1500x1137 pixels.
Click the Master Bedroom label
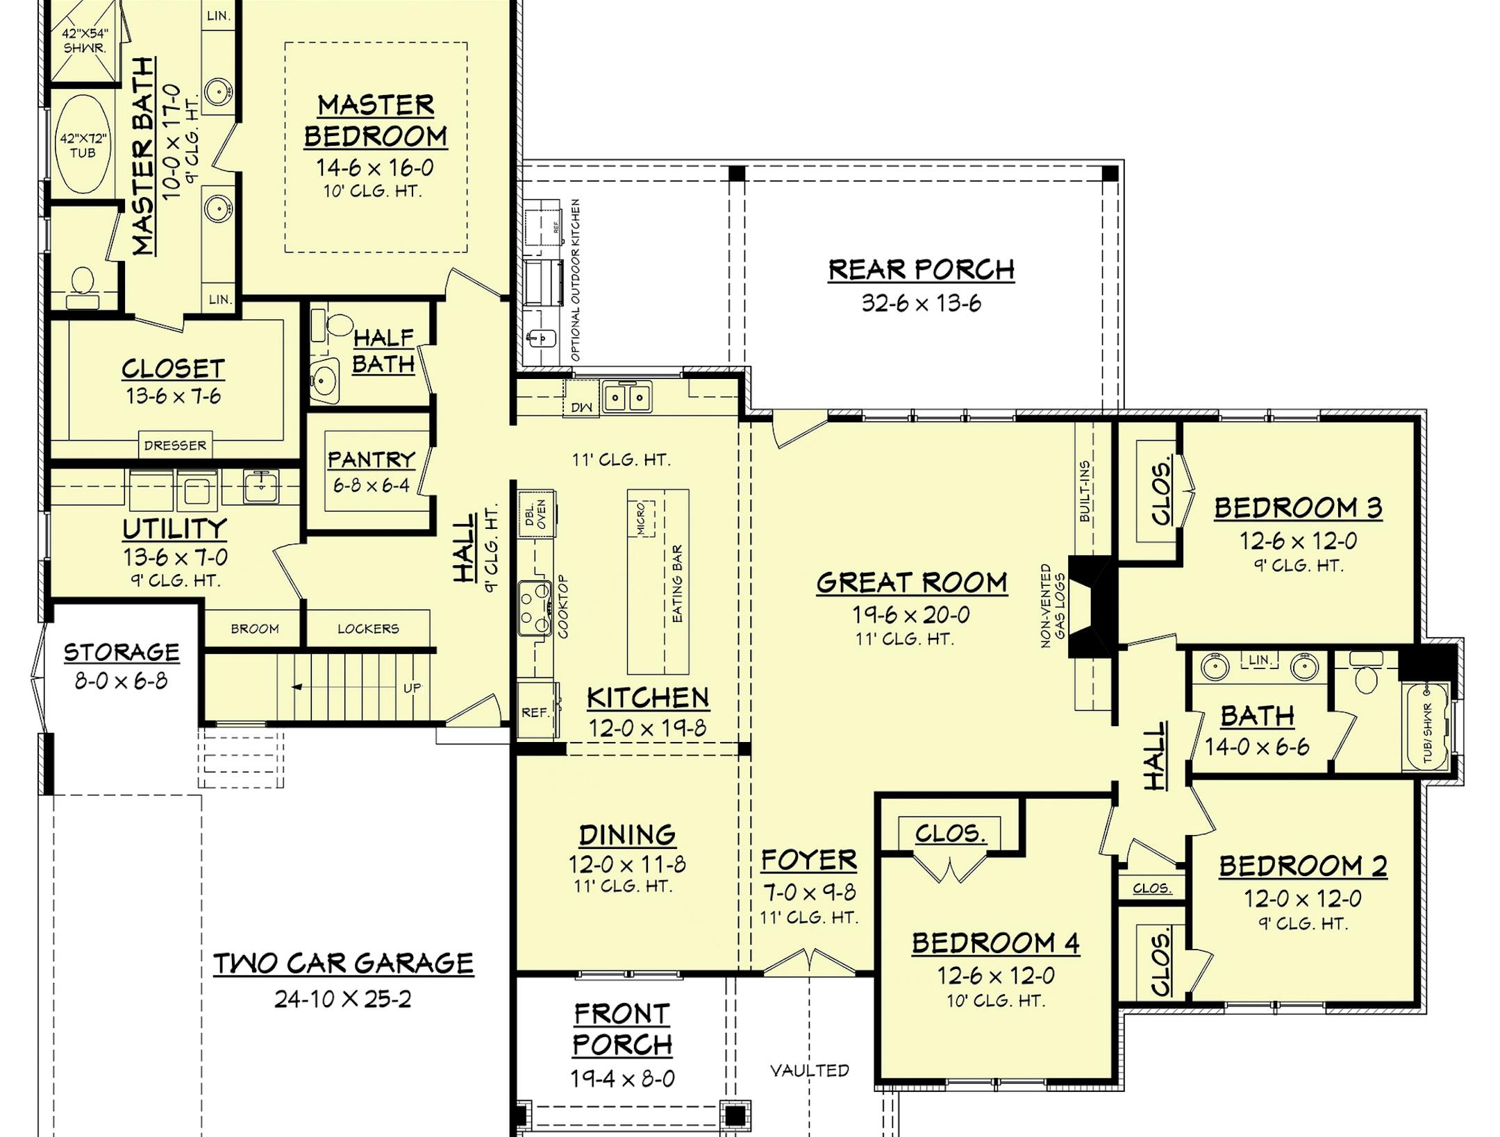pyautogui.click(x=376, y=120)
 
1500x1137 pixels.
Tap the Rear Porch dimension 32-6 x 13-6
pyautogui.click(x=921, y=303)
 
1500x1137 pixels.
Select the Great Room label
pyautogui.click(x=911, y=582)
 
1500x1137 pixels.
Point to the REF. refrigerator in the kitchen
pyautogui.click(x=535, y=712)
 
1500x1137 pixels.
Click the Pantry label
pyautogui.click(x=371, y=459)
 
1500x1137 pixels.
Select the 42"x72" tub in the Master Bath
pyautogui.click(x=83, y=146)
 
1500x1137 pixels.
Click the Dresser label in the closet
pyautogui.click(x=175, y=445)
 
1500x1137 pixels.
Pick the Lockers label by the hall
pyautogui.click(x=368, y=629)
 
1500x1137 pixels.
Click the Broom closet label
pyautogui.click(x=255, y=629)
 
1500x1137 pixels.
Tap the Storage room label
pyautogui.click(x=122, y=652)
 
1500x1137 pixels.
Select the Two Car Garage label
pyautogui.click(x=343, y=963)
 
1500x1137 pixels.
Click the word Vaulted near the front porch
pyautogui.click(x=809, y=1070)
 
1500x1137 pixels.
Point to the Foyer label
pyautogui.click(x=808, y=860)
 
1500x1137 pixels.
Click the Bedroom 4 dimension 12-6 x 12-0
pyautogui.click(x=995, y=976)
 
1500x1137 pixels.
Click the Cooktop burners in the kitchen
pyautogui.click(x=534, y=608)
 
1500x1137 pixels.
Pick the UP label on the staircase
pyautogui.click(x=412, y=688)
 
